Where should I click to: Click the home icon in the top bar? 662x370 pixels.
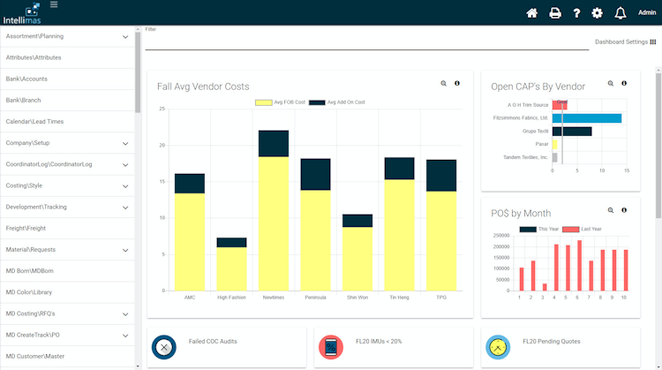[531, 13]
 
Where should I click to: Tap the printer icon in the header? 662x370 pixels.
[555, 13]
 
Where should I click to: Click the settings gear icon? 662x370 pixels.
[598, 13]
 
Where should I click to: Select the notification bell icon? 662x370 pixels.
[621, 13]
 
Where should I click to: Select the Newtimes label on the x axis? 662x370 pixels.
[274, 298]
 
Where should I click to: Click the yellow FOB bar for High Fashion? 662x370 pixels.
[231, 268]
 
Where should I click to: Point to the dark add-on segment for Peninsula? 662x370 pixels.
[315, 175]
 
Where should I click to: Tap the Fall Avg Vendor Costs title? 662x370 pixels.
[203, 87]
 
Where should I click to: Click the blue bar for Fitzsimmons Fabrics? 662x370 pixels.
[587, 117]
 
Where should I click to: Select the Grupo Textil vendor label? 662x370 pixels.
[535, 131]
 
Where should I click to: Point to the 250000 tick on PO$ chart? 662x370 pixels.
[500, 236]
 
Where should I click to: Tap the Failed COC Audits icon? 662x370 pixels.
[164, 347]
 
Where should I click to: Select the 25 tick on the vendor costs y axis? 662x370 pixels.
[162, 109]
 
